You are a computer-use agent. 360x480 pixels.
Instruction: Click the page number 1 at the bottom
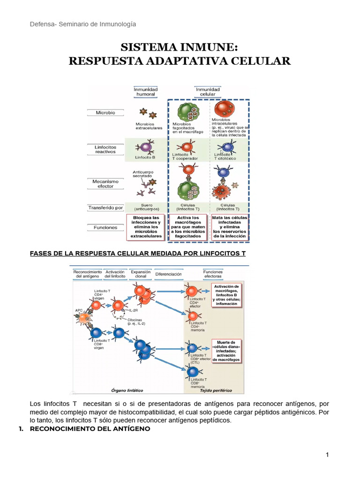[x=328, y=455]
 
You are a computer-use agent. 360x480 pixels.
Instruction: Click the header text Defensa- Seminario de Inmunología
[x=83, y=24]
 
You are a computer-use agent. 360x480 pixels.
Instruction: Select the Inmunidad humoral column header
[x=146, y=91]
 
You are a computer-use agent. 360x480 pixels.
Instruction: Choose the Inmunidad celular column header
[x=208, y=91]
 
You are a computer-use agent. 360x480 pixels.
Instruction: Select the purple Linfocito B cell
[x=146, y=147]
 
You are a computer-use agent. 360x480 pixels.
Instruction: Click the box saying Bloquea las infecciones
[x=146, y=227]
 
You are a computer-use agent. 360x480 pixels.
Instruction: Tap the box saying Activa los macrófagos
[x=188, y=227]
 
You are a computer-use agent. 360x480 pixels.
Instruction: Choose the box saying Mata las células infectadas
[x=230, y=227]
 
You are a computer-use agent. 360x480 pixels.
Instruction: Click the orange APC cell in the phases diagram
[x=84, y=318]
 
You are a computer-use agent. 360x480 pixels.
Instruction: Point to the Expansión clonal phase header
[x=141, y=274]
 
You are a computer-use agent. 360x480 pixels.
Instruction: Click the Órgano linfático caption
[x=127, y=390]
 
